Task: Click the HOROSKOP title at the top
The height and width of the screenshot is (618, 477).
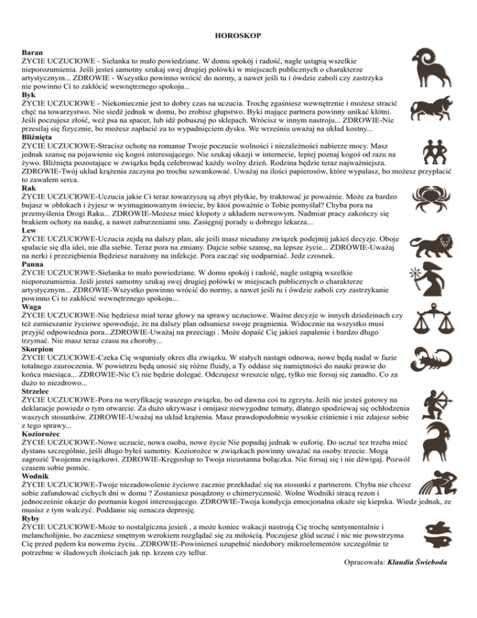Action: [x=238, y=37]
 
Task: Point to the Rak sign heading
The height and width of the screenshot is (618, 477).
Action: [x=29, y=187]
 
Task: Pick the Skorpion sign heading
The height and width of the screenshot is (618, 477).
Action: [x=38, y=350]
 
